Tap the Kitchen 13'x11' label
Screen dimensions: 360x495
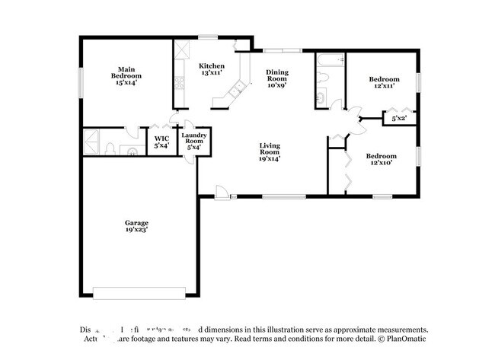[211, 70]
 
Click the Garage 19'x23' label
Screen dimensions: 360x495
[136, 226]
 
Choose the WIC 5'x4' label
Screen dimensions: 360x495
[161, 141]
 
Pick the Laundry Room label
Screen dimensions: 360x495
[193, 141]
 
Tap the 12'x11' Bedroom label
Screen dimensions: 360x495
[384, 83]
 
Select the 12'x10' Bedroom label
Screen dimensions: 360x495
[384, 159]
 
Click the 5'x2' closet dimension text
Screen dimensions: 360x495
[399, 119]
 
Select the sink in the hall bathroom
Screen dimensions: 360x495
[321, 97]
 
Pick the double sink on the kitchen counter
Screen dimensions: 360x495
[237, 91]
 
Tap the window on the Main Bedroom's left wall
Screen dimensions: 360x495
[81, 82]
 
